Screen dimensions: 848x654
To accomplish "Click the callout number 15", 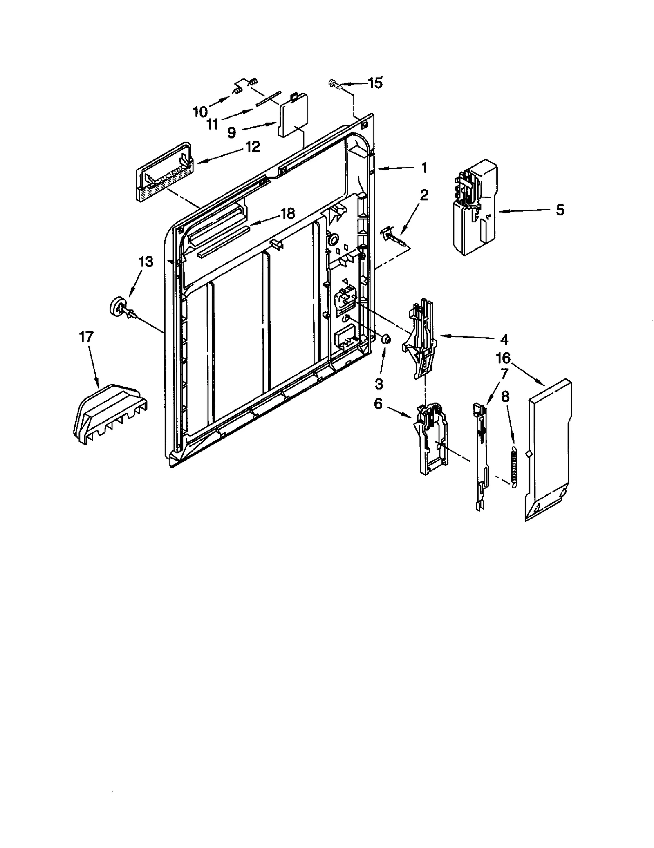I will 375,83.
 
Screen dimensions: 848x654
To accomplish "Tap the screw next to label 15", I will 335,85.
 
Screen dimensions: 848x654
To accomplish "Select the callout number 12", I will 253,147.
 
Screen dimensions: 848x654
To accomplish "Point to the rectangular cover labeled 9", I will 293,115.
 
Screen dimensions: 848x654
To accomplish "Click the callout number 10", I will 200,111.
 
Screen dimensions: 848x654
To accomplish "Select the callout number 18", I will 288,213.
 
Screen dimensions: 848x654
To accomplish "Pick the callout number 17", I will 86,337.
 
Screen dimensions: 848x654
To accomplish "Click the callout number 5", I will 560,210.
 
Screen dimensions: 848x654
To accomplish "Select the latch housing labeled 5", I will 474,208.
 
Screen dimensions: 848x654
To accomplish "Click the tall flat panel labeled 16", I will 548,450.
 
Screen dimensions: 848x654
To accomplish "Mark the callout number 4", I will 504,339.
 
